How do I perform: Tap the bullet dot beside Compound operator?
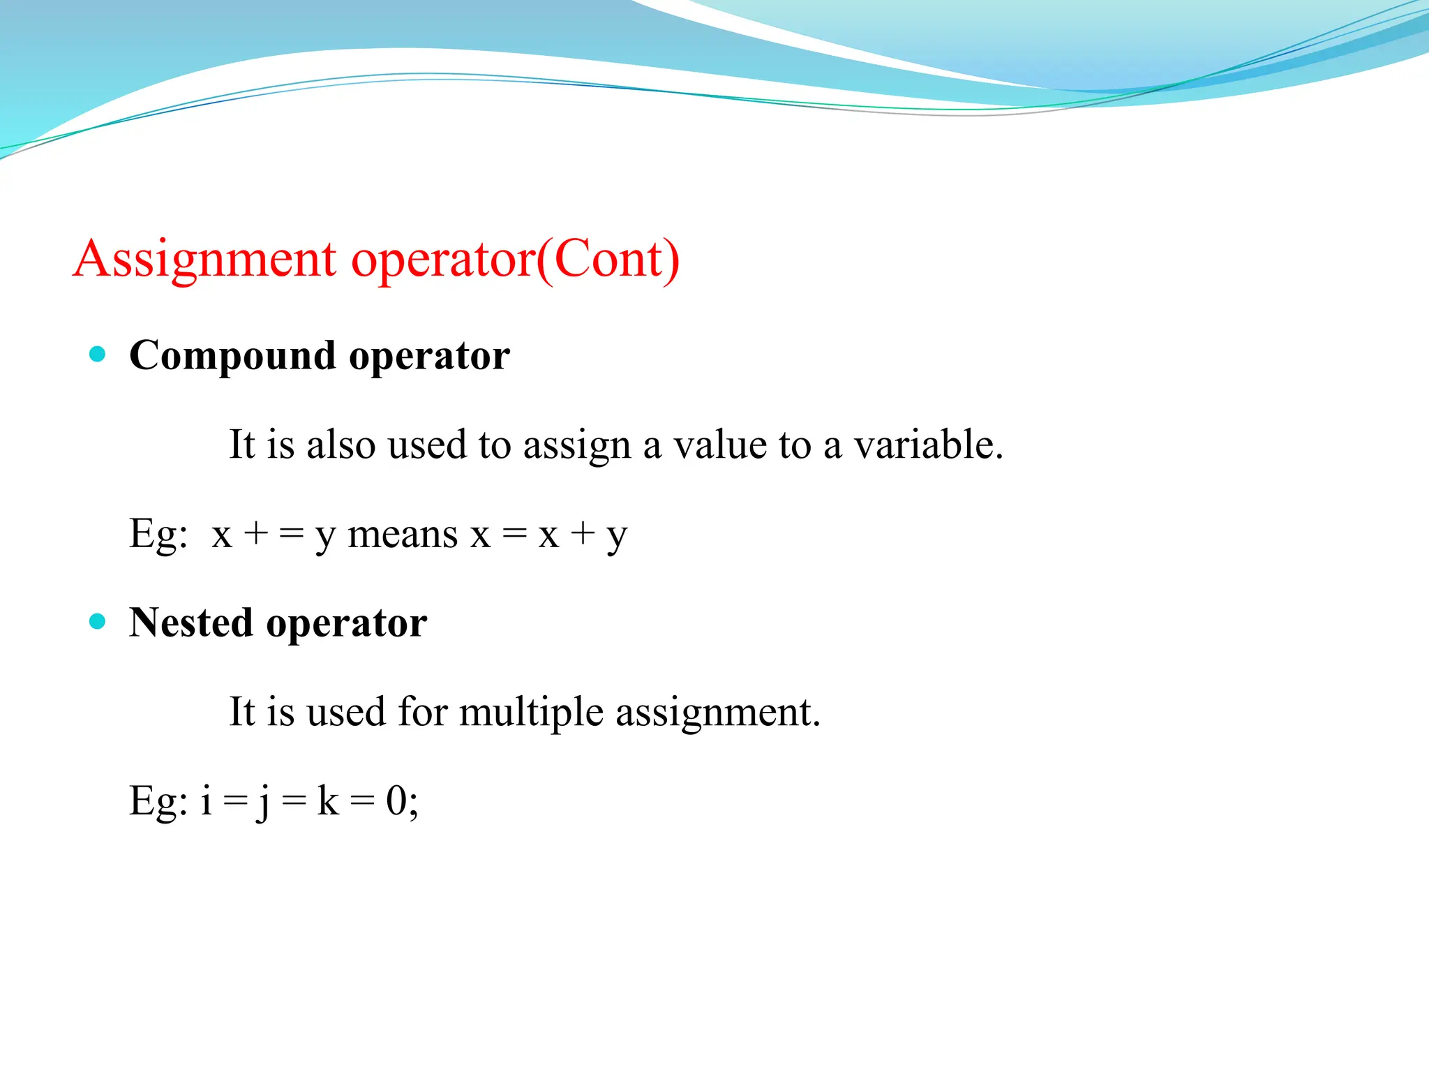pyautogui.click(x=98, y=354)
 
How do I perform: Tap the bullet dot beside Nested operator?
pyautogui.click(x=98, y=621)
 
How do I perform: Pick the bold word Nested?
pyautogui.click(x=190, y=622)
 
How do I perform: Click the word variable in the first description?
pyautogui.click(x=928, y=445)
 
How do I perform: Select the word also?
pyautogui.click(x=341, y=445)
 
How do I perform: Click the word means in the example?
pyautogui.click(x=403, y=535)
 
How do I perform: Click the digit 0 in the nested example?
pyautogui.click(x=396, y=801)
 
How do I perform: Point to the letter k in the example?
pyautogui.click(x=327, y=801)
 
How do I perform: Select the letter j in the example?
pyautogui.click(x=263, y=802)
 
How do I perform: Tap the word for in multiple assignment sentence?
pyautogui.click(x=422, y=713)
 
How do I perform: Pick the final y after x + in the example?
pyautogui.click(x=617, y=537)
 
